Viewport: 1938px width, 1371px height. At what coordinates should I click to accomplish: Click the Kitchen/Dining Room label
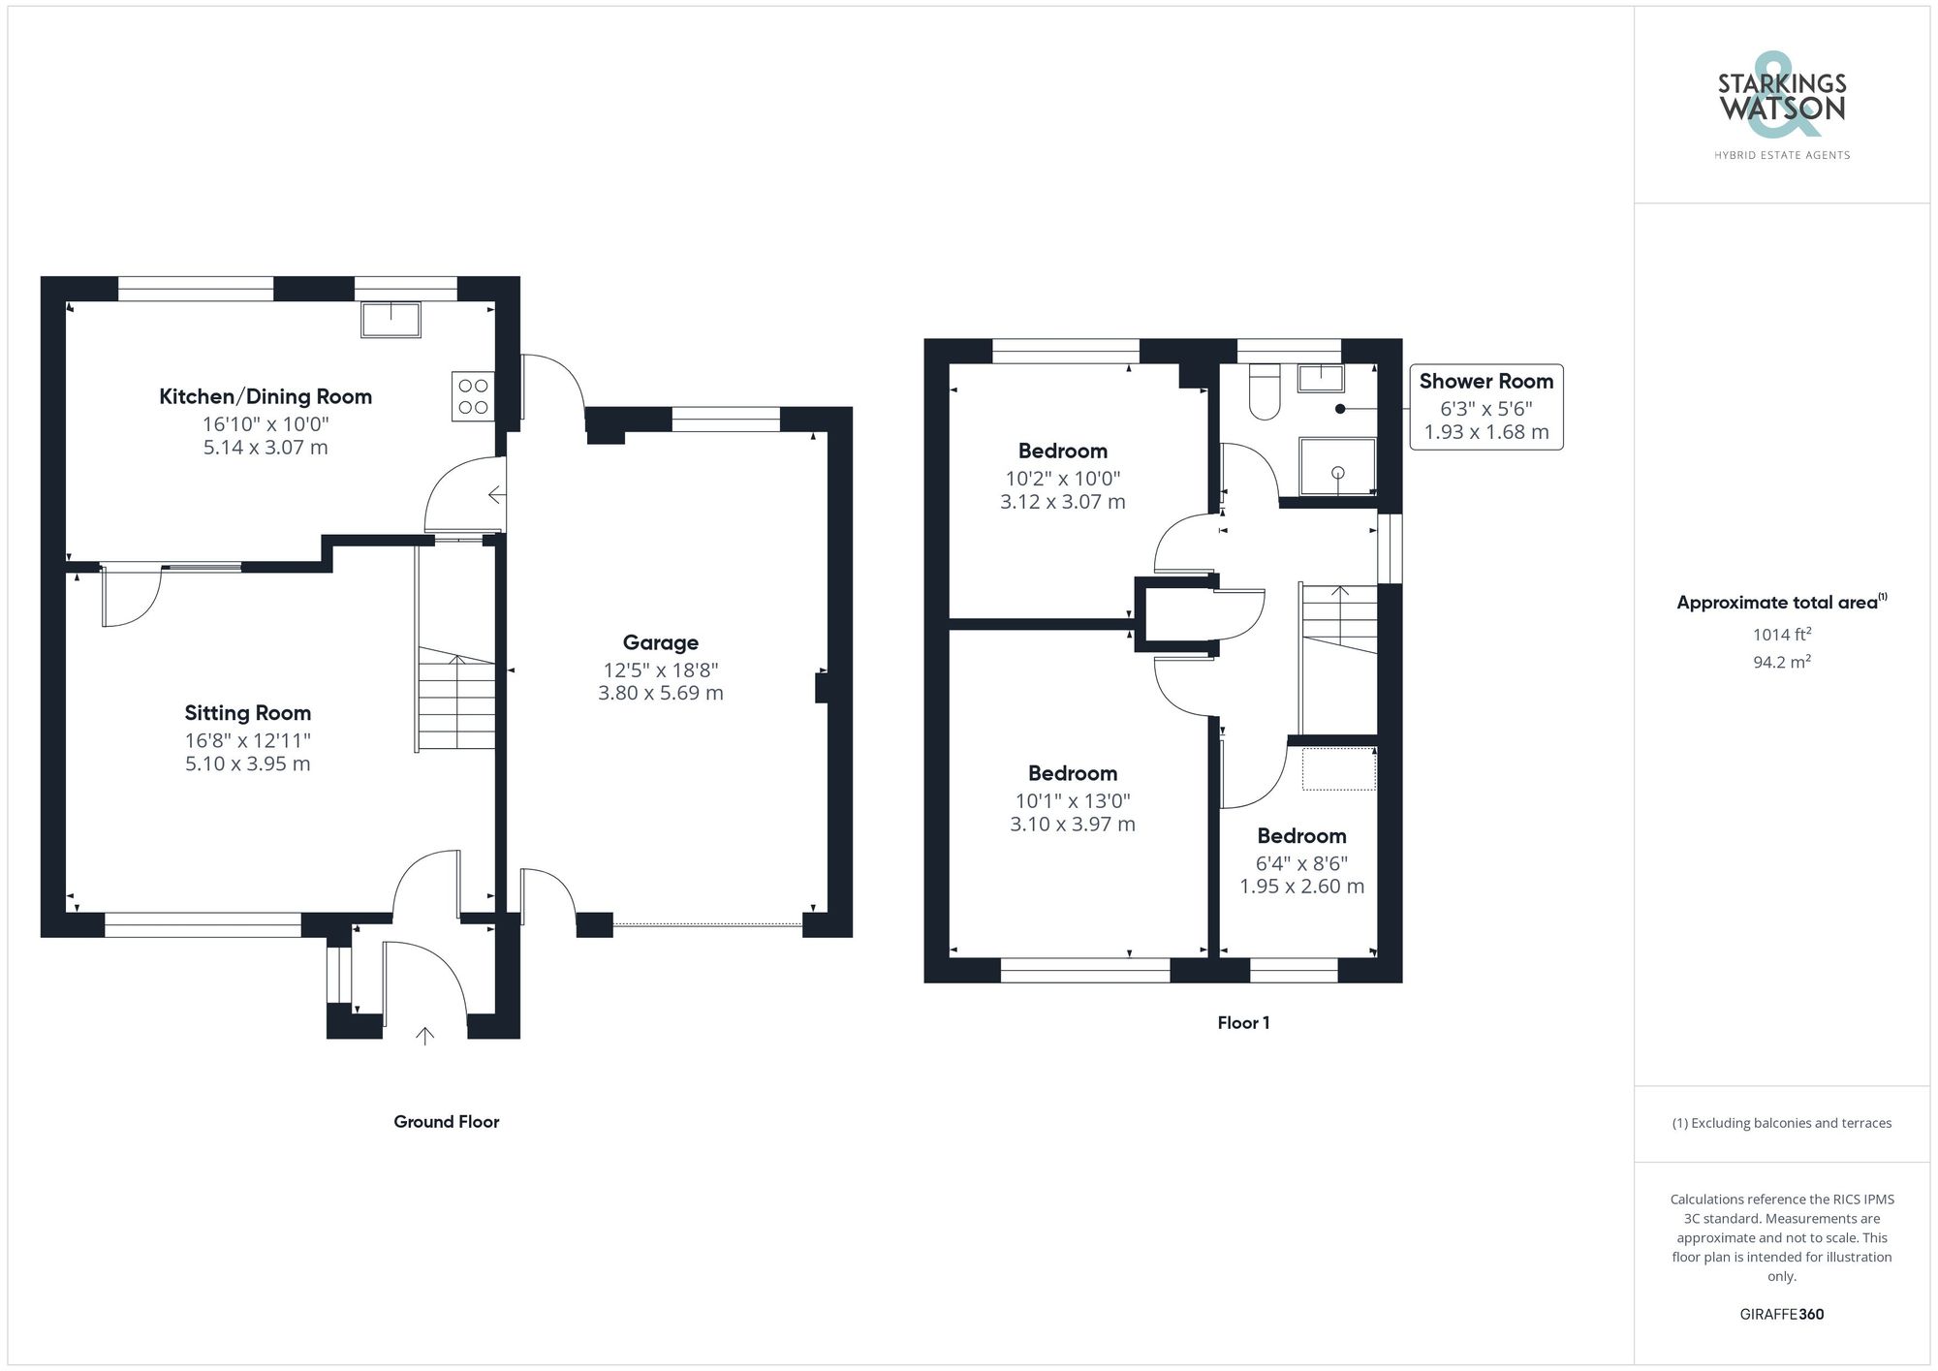click(266, 396)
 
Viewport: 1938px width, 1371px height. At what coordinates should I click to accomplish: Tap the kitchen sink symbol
click(391, 320)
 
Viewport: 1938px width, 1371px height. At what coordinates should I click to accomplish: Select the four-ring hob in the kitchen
click(473, 396)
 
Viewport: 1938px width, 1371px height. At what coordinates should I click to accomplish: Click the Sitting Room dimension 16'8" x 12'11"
click(248, 740)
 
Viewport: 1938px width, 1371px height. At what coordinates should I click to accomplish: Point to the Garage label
click(660, 642)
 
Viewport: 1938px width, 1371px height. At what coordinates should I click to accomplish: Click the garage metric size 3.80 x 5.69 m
click(660, 693)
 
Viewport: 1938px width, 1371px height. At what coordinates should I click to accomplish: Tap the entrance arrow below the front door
click(424, 1036)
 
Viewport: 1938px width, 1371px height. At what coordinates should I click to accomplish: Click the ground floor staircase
click(456, 700)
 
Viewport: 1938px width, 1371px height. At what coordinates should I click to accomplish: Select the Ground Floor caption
click(446, 1121)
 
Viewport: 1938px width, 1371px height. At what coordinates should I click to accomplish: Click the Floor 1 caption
click(1243, 1022)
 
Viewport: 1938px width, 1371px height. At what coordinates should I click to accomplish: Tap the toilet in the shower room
click(1265, 391)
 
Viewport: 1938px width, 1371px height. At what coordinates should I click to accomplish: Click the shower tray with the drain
click(1337, 466)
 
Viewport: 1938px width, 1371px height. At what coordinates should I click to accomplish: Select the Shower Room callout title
click(1485, 381)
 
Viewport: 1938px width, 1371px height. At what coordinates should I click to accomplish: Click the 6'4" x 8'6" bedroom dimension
click(1301, 862)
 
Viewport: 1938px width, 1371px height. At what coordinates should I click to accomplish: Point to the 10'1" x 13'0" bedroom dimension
click(1072, 800)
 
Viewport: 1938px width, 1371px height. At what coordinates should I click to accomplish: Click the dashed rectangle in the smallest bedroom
click(1338, 768)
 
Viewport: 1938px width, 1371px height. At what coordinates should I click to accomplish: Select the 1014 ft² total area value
click(1781, 635)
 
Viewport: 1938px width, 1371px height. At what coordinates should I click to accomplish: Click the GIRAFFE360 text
click(1781, 1314)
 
